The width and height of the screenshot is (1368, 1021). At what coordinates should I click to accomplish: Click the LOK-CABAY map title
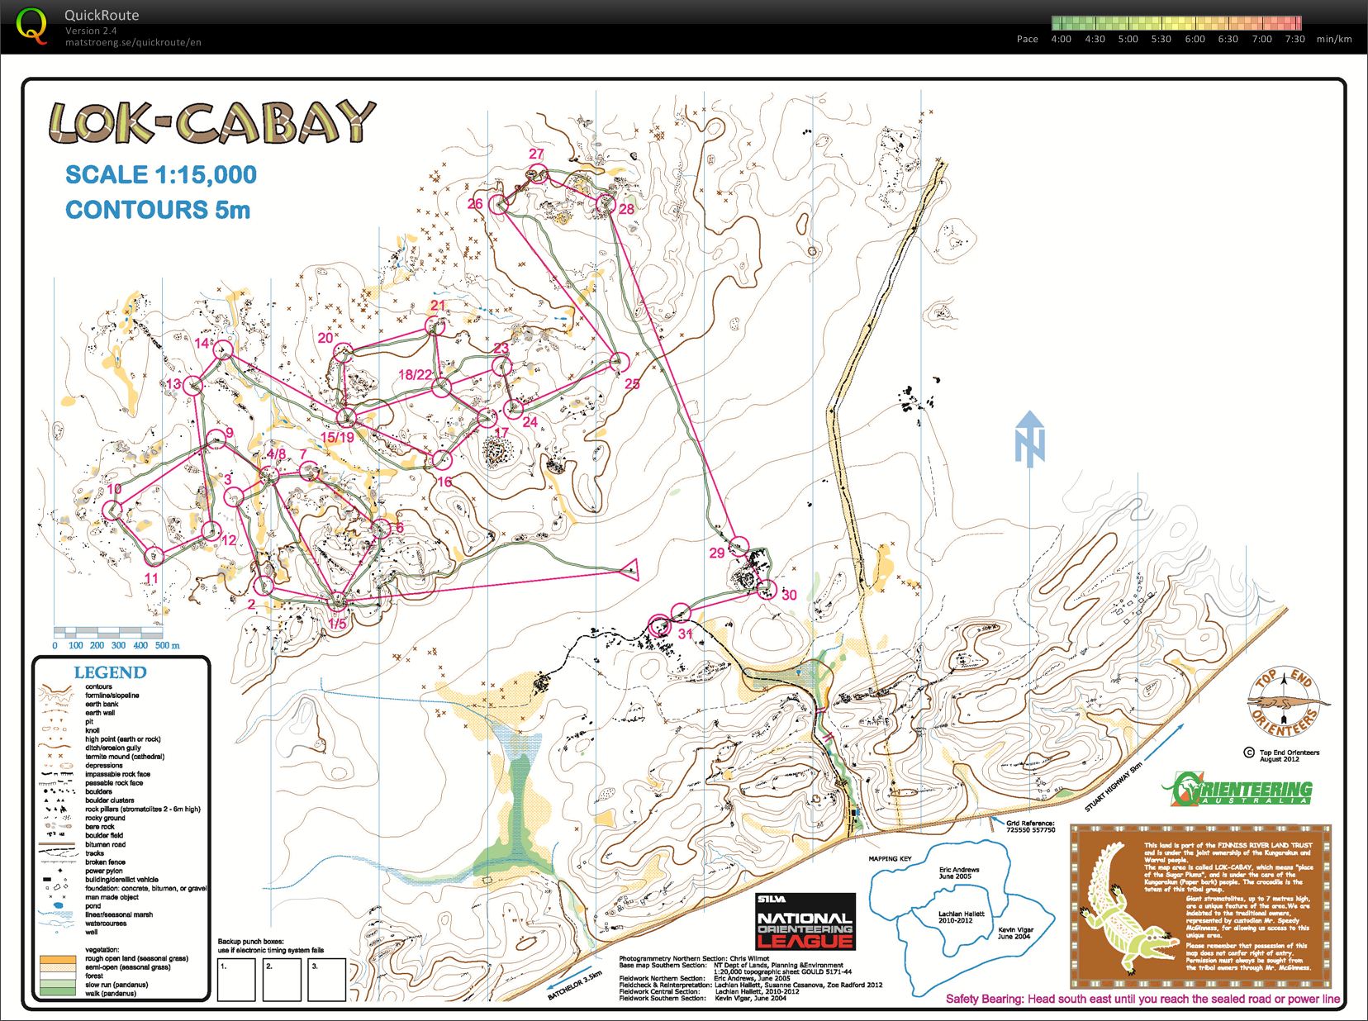pos(211,122)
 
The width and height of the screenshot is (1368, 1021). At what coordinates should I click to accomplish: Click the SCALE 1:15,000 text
pos(161,175)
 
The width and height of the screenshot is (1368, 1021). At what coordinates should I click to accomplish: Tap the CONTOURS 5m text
pos(157,210)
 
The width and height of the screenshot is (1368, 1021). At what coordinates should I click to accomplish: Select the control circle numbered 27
pos(538,173)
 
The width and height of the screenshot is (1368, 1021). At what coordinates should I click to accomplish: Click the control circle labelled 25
pos(620,361)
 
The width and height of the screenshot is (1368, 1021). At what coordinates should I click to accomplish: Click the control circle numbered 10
pos(112,510)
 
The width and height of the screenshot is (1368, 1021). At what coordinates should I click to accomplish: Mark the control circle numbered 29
pos(739,544)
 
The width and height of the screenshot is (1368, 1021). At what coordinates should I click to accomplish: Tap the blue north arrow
pos(1030,439)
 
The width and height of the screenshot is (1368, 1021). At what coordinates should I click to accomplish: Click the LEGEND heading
pos(110,672)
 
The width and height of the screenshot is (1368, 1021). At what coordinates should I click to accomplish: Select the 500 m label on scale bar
pos(168,645)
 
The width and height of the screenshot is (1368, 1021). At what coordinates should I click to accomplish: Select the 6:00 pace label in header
pos(1195,39)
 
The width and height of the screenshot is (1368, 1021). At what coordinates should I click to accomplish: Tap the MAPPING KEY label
pos(891,859)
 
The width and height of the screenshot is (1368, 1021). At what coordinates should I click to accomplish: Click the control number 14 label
pos(202,343)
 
